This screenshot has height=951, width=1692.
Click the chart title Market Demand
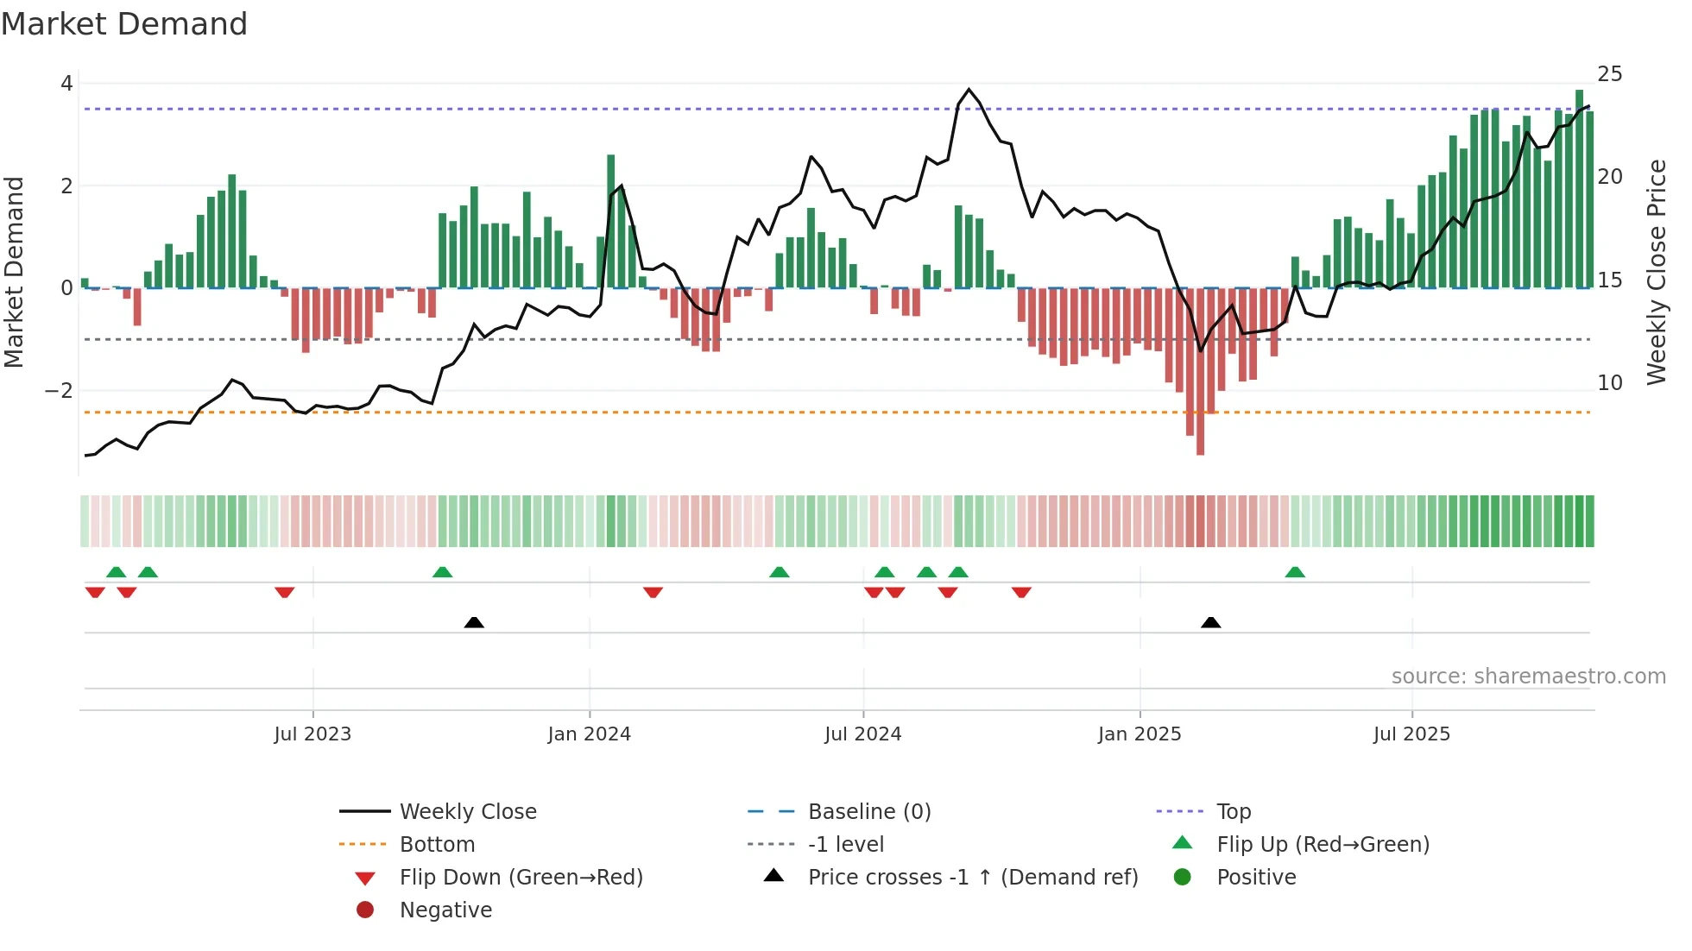(x=124, y=24)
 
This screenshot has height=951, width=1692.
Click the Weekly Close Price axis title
(x=1656, y=272)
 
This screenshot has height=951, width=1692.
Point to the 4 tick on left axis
(x=66, y=84)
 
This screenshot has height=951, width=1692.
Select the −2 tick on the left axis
(x=59, y=391)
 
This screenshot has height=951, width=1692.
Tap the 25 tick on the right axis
(x=1609, y=74)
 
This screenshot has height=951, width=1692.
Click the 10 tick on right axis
(x=1609, y=382)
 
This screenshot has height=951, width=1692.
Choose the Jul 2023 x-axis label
(x=313, y=734)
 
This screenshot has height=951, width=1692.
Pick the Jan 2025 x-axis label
(x=1140, y=734)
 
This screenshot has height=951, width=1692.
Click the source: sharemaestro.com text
(x=1528, y=677)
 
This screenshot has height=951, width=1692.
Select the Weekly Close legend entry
(x=467, y=812)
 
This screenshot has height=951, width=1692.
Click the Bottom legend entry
(x=437, y=845)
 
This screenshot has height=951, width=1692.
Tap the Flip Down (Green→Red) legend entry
(x=521, y=878)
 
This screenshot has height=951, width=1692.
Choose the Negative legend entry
(x=445, y=910)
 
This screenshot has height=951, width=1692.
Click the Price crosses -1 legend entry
(x=972, y=878)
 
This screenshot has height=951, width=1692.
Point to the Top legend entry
(x=1233, y=812)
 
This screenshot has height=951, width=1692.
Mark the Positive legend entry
(x=1256, y=878)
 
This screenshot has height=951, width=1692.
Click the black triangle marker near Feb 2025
(x=1210, y=622)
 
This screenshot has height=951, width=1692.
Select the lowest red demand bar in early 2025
(x=1200, y=431)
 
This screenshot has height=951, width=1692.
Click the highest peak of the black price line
(x=969, y=90)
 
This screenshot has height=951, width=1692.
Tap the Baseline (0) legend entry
(x=868, y=812)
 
